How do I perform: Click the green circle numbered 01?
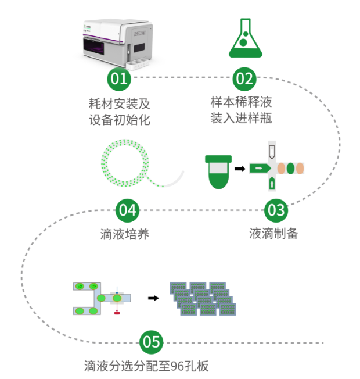(118, 78)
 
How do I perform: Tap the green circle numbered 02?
(244, 78)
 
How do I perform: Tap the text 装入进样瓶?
(241, 119)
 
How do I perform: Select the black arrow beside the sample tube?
(239, 169)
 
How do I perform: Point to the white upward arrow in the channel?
(272, 184)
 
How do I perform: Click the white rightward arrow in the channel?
(259, 169)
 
